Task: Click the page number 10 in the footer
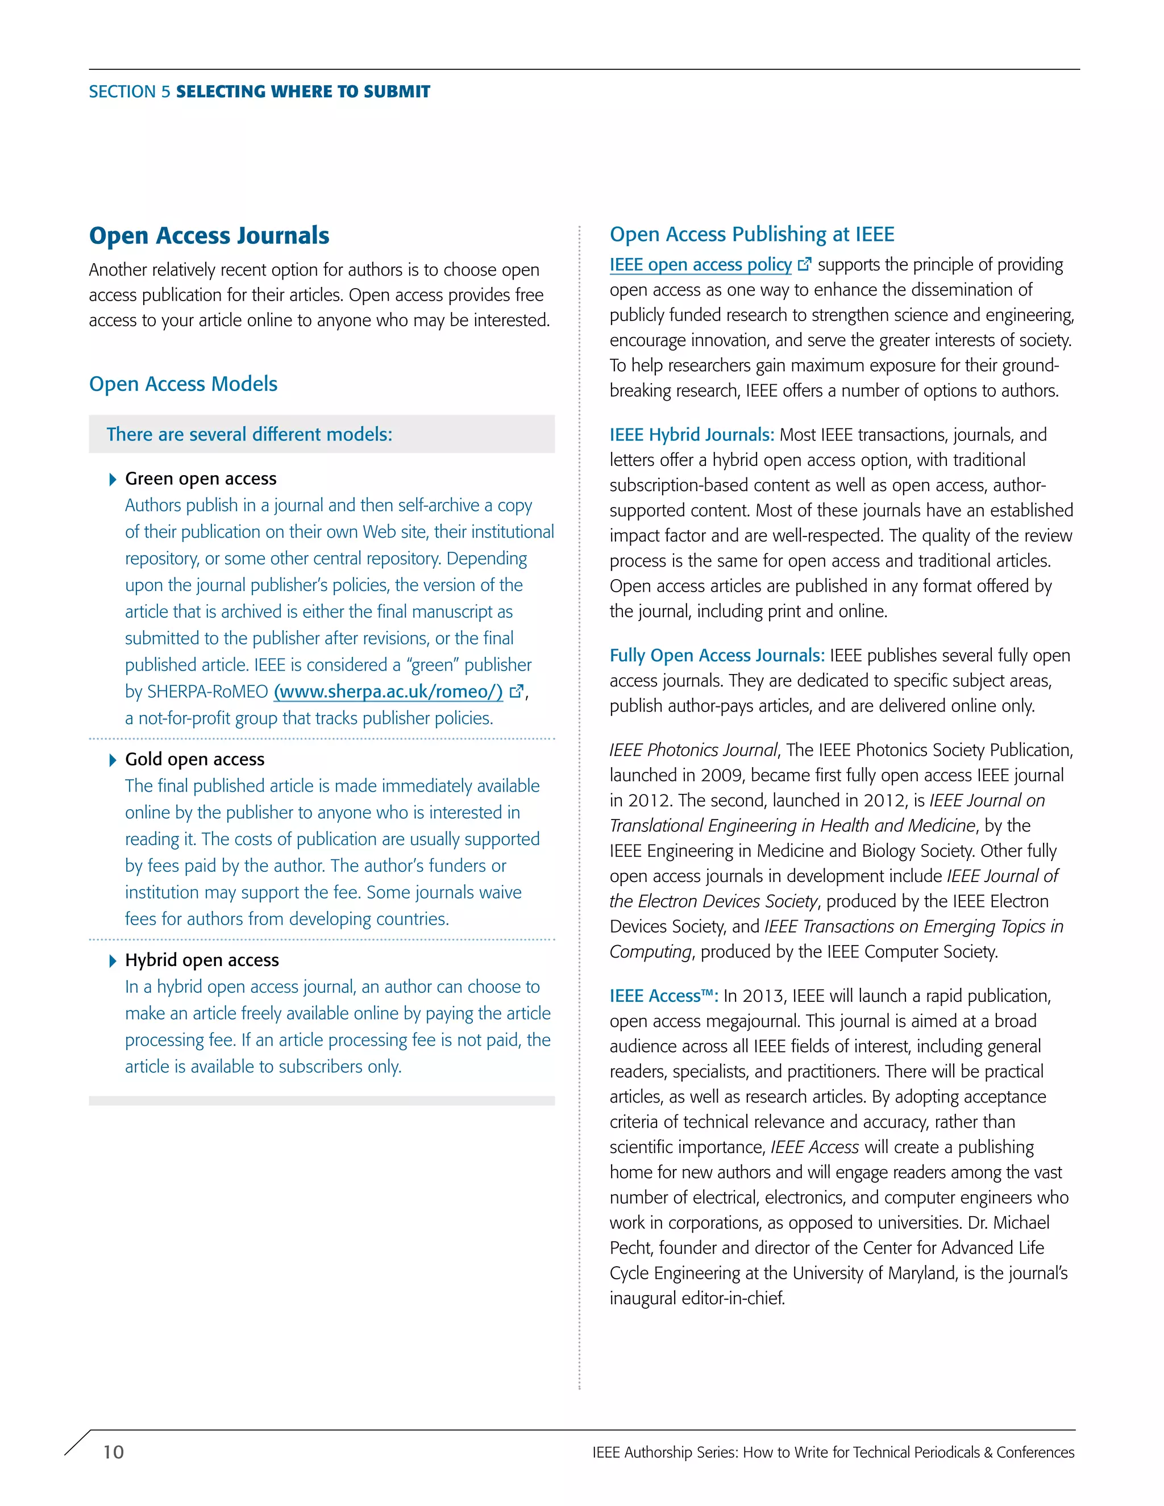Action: click(113, 1451)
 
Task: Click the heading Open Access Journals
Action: click(209, 236)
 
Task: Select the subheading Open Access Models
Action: click(183, 384)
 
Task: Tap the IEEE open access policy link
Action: click(700, 265)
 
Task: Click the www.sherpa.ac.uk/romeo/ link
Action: click(388, 692)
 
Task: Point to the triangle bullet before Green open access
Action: click(113, 479)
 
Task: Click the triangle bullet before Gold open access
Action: click(113, 760)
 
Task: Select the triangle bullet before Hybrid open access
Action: click(113, 960)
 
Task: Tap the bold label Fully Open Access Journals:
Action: click(717, 656)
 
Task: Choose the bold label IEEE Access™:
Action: click(663, 996)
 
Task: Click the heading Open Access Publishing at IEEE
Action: click(751, 235)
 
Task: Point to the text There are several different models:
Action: click(249, 434)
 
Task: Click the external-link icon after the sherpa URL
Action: click(517, 691)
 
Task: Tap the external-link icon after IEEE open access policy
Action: click(804, 264)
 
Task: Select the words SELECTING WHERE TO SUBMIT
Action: click(303, 91)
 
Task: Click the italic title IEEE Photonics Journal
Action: click(693, 750)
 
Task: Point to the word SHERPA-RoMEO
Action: click(207, 692)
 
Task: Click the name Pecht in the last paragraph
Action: click(631, 1248)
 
